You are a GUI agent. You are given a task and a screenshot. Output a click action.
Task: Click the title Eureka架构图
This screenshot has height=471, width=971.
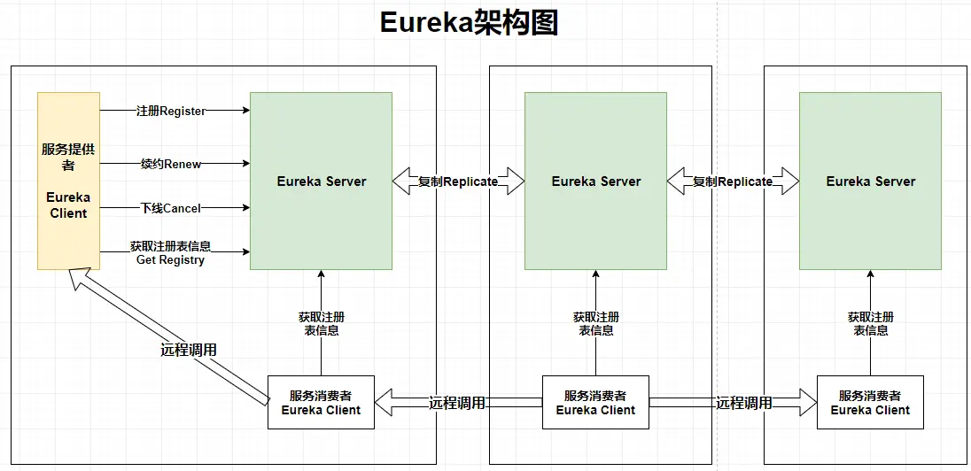[469, 23]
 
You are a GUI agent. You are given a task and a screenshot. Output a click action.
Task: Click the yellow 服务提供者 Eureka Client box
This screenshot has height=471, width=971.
[68, 181]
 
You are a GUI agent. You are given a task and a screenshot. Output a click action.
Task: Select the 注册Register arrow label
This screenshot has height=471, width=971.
[171, 111]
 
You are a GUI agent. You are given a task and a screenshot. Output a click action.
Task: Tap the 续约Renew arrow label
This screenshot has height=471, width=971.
[171, 164]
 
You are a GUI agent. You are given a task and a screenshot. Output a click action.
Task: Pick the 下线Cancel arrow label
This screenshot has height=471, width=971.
[171, 208]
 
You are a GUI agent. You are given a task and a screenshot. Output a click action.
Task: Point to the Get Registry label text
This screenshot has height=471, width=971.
[170, 260]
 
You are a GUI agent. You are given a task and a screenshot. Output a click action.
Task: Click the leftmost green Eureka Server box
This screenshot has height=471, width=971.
[321, 181]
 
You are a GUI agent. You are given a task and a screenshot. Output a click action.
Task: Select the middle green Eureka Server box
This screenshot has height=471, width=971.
[595, 181]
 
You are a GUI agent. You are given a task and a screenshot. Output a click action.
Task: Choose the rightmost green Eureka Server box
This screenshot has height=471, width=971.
[870, 181]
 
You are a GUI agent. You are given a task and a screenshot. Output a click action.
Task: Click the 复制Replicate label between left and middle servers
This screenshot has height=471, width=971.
[458, 181]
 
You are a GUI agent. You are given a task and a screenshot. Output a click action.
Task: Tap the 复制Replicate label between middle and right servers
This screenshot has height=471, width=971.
[733, 181]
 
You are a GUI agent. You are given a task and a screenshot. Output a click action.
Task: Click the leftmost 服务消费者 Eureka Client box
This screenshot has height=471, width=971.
[321, 403]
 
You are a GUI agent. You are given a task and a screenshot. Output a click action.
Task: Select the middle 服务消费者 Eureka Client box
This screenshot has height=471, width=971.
[595, 403]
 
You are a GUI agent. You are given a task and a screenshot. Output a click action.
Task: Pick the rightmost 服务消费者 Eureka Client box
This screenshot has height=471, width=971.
[870, 403]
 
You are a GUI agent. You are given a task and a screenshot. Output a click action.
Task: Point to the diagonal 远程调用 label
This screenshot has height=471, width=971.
[188, 350]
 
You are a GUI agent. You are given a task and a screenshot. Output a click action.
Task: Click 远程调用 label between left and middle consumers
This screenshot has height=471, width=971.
[457, 403]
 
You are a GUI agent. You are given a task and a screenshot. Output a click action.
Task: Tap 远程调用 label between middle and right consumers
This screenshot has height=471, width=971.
[744, 403]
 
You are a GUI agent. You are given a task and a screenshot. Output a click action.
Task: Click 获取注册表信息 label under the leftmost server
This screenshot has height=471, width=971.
[321, 323]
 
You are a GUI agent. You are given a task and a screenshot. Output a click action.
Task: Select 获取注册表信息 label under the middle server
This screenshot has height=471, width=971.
[595, 323]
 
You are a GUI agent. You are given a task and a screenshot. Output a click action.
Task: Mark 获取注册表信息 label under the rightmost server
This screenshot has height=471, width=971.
[870, 323]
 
